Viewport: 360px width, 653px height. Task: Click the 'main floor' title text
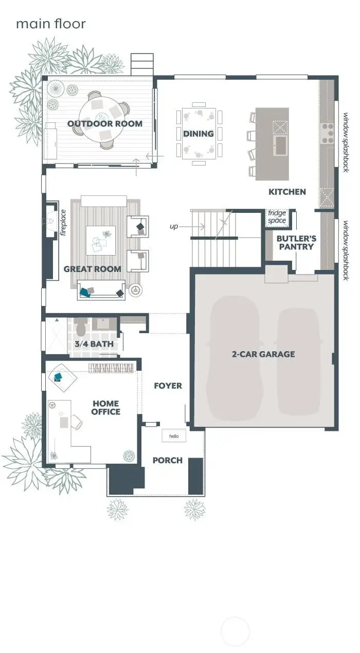(50, 24)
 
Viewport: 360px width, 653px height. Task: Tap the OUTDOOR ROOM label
(104, 123)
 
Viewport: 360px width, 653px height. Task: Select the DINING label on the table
(198, 134)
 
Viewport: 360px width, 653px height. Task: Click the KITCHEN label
(287, 192)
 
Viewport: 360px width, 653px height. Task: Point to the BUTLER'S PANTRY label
(296, 243)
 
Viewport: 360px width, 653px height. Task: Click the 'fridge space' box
(277, 217)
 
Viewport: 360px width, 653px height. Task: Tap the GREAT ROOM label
(93, 269)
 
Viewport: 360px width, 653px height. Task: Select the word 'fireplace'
(64, 222)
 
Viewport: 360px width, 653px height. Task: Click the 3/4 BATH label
(94, 344)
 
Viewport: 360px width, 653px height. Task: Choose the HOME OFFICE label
(106, 408)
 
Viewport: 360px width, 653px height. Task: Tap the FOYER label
(168, 386)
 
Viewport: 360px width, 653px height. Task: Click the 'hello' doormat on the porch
(173, 436)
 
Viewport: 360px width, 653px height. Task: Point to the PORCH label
(167, 460)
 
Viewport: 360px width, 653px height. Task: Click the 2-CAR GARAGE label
(263, 354)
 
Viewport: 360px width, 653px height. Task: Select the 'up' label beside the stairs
(174, 226)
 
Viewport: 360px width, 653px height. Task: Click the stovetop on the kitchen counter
(327, 133)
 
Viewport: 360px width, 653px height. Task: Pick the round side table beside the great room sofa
(135, 291)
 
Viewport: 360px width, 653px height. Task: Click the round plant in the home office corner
(129, 456)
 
